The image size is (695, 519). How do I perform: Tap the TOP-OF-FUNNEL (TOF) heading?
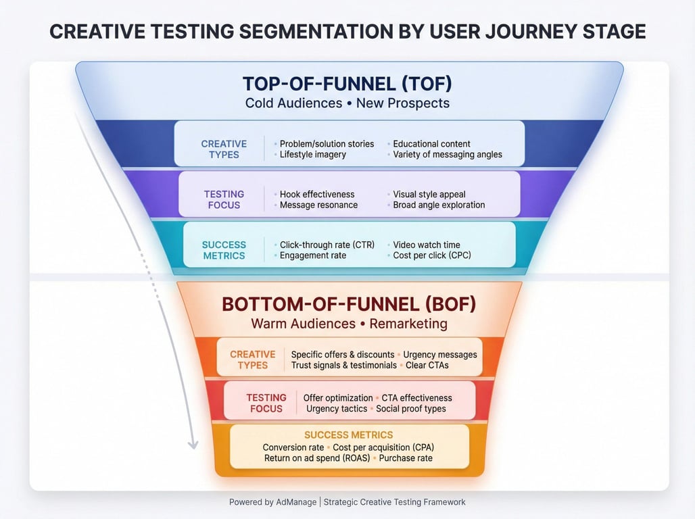tap(347, 84)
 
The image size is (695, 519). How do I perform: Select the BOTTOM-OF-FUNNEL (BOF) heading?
tap(349, 305)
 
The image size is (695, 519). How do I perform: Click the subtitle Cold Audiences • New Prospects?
tap(347, 103)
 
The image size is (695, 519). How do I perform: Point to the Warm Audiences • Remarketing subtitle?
tap(350, 324)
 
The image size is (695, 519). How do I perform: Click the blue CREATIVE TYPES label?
tap(224, 149)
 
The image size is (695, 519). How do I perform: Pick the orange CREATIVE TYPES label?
tap(253, 360)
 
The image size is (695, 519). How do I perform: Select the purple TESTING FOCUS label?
tap(224, 199)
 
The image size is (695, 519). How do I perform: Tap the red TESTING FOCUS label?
tap(266, 403)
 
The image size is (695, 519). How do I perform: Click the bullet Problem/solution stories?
tap(327, 144)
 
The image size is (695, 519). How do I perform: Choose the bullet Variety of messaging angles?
tap(448, 154)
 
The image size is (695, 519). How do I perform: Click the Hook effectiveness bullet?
tap(317, 194)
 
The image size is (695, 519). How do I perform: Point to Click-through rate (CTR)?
tap(327, 245)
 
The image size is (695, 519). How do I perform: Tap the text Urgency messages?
tap(440, 355)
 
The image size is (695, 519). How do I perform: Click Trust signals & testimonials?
tap(344, 365)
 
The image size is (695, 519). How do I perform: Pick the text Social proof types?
tap(411, 409)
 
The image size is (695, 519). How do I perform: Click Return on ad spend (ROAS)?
tap(317, 458)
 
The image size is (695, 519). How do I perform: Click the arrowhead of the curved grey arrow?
tap(193, 445)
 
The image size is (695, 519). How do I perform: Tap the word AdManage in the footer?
tap(296, 502)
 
